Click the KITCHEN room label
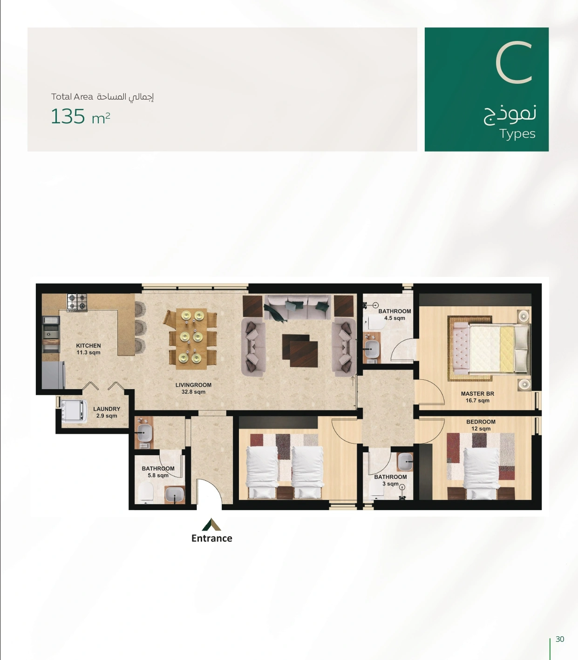[88, 349]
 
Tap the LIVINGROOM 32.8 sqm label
[193, 388]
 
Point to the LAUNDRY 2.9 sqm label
[107, 412]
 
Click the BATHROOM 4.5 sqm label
[394, 315]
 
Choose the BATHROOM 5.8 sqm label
[158, 472]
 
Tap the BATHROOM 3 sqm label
[390, 480]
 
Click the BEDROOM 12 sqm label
[481, 425]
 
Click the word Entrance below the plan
[212, 538]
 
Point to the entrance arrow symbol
[211, 525]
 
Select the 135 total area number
[68, 116]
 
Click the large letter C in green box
[514, 62]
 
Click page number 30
[560, 639]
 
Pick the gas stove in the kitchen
[77, 302]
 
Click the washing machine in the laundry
[74, 411]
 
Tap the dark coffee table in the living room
[300, 350]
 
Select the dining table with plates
[191, 339]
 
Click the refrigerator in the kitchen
[54, 375]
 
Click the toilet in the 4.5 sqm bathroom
[374, 322]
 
